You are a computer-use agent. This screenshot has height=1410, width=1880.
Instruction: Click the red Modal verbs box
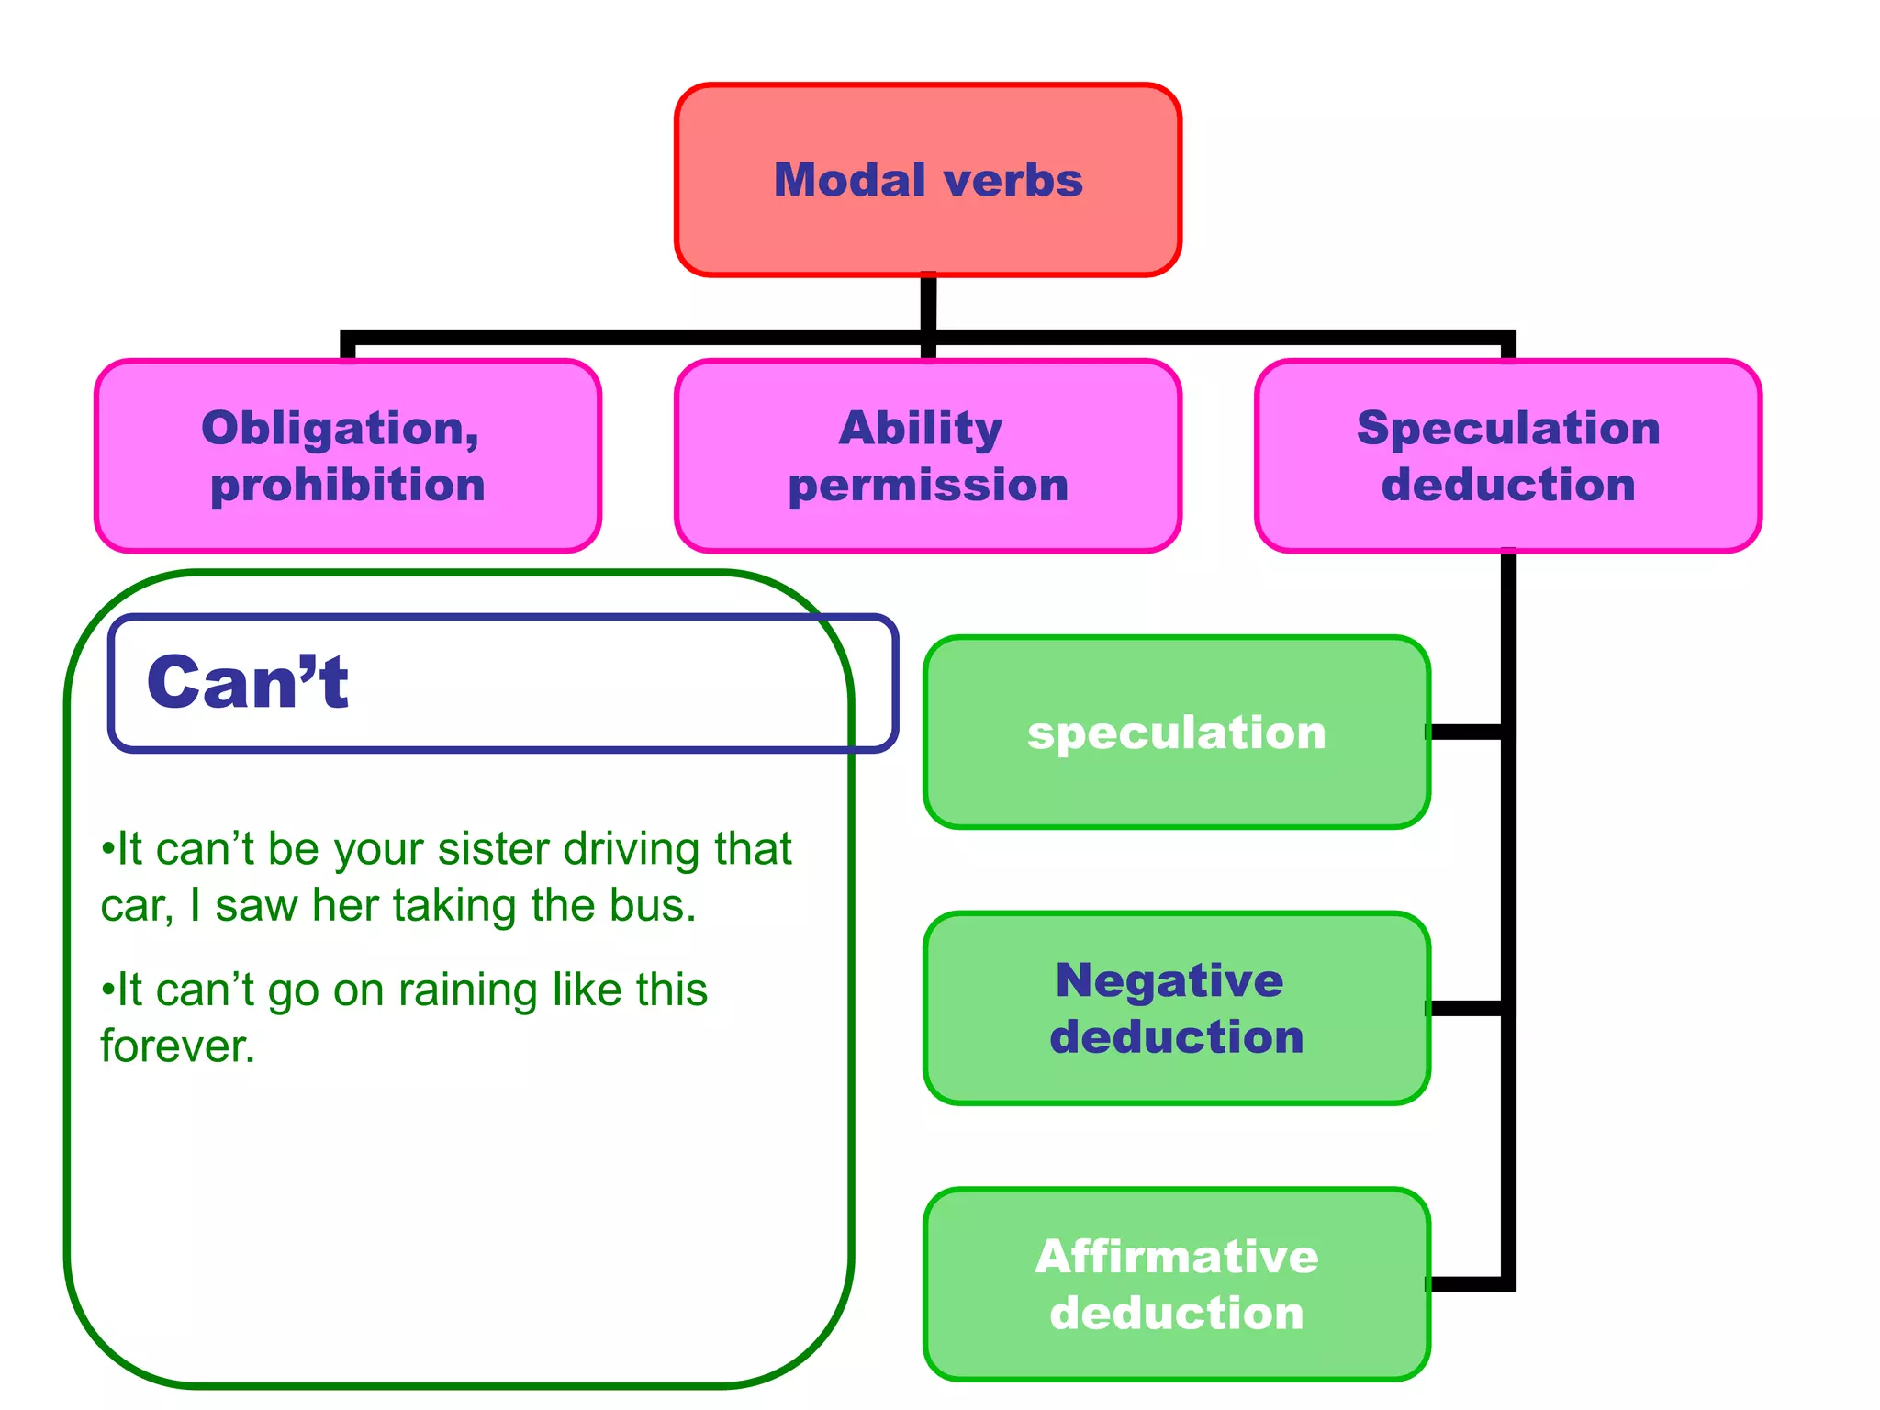click(x=927, y=180)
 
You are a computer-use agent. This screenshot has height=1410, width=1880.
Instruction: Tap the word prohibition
click(x=347, y=485)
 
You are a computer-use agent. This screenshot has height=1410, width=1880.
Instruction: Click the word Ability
click(x=921, y=428)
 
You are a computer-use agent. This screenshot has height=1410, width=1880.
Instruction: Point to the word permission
click(x=928, y=485)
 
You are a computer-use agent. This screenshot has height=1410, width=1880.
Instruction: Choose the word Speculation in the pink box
click(x=1508, y=428)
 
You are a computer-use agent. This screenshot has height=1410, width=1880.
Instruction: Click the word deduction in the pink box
click(x=1508, y=485)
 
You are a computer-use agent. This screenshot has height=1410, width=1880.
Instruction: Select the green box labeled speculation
click(x=1176, y=733)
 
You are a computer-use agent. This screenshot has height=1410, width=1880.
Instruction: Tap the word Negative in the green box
click(x=1169, y=980)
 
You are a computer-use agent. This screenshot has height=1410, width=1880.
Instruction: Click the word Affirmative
click(x=1176, y=1257)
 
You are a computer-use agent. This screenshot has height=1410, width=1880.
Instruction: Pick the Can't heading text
click(x=248, y=683)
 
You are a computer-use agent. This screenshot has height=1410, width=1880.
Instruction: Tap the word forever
click(x=177, y=1046)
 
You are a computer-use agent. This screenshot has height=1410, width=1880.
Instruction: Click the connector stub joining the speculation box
click(x=1466, y=732)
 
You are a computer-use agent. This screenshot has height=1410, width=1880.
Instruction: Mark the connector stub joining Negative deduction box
click(x=1466, y=1009)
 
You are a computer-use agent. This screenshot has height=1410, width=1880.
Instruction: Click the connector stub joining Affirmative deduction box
click(x=1466, y=1284)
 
